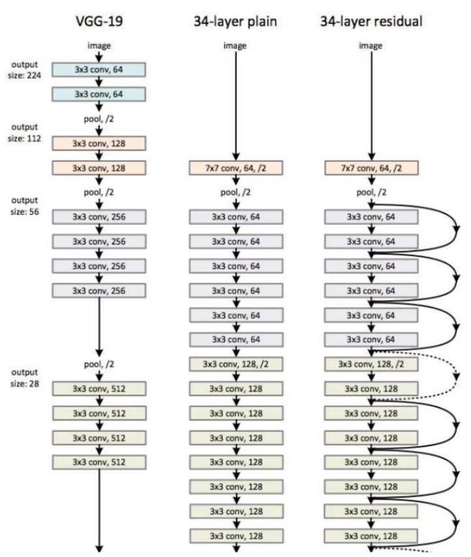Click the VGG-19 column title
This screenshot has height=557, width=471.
point(100,21)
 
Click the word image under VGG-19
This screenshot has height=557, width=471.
point(100,46)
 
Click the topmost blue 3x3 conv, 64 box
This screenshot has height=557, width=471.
point(100,70)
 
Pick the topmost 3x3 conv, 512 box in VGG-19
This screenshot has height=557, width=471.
point(100,389)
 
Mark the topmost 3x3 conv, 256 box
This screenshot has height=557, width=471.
point(100,217)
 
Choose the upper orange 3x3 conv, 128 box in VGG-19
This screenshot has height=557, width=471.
point(100,143)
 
